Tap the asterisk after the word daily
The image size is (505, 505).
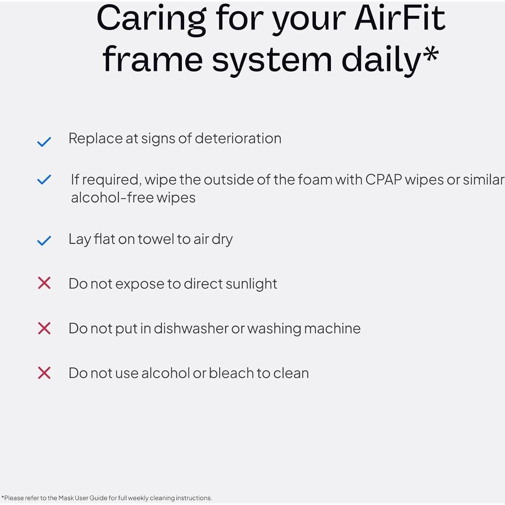pyautogui.click(x=431, y=55)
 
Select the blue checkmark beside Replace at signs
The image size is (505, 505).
pyautogui.click(x=44, y=142)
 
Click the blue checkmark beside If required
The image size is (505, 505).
pyautogui.click(x=44, y=180)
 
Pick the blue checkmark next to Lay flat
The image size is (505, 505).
pyautogui.click(x=44, y=241)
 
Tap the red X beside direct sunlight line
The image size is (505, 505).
pyautogui.click(x=44, y=283)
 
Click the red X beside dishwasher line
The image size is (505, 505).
pyautogui.click(x=44, y=328)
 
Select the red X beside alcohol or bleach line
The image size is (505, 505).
pyautogui.click(x=44, y=373)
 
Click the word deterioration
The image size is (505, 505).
pyautogui.click(x=238, y=139)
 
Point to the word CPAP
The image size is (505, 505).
pyautogui.click(x=384, y=180)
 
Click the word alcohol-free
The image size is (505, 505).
pyautogui.click(x=112, y=198)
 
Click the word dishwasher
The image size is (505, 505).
pyautogui.click(x=191, y=328)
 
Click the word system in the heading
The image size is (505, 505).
pyautogui.click(x=272, y=60)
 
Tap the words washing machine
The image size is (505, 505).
pyautogui.click(x=304, y=328)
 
